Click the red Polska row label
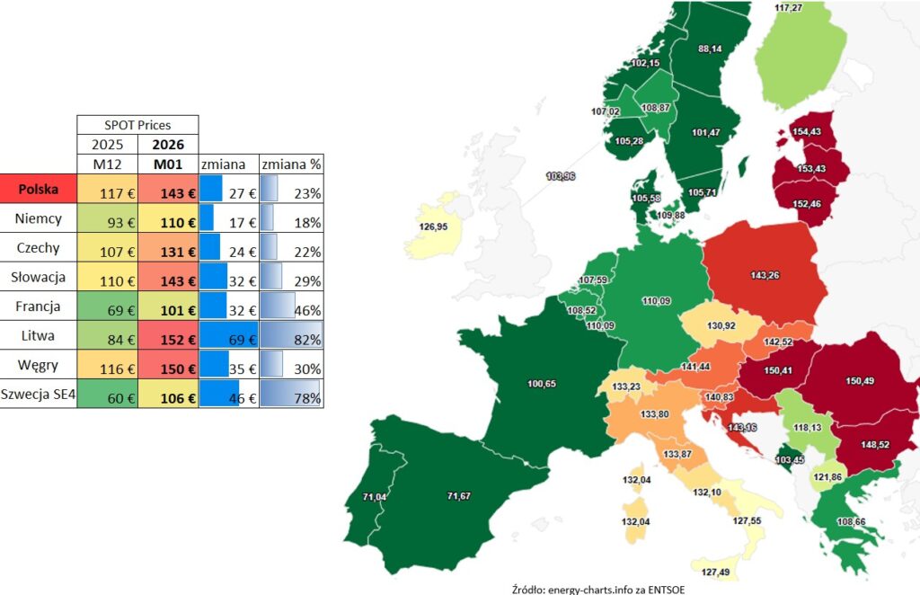pyautogui.click(x=39, y=190)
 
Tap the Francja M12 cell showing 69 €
pyautogui.click(x=107, y=307)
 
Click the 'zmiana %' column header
pyautogui.click(x=291, y=164)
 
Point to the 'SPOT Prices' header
pyautogui.click(x=137, y=125)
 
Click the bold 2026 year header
pyautogui.click(x=168, y=145)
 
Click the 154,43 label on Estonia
pyautogui.click(x=808, y=132)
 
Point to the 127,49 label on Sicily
pyautogui.click(x=716, y=573)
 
